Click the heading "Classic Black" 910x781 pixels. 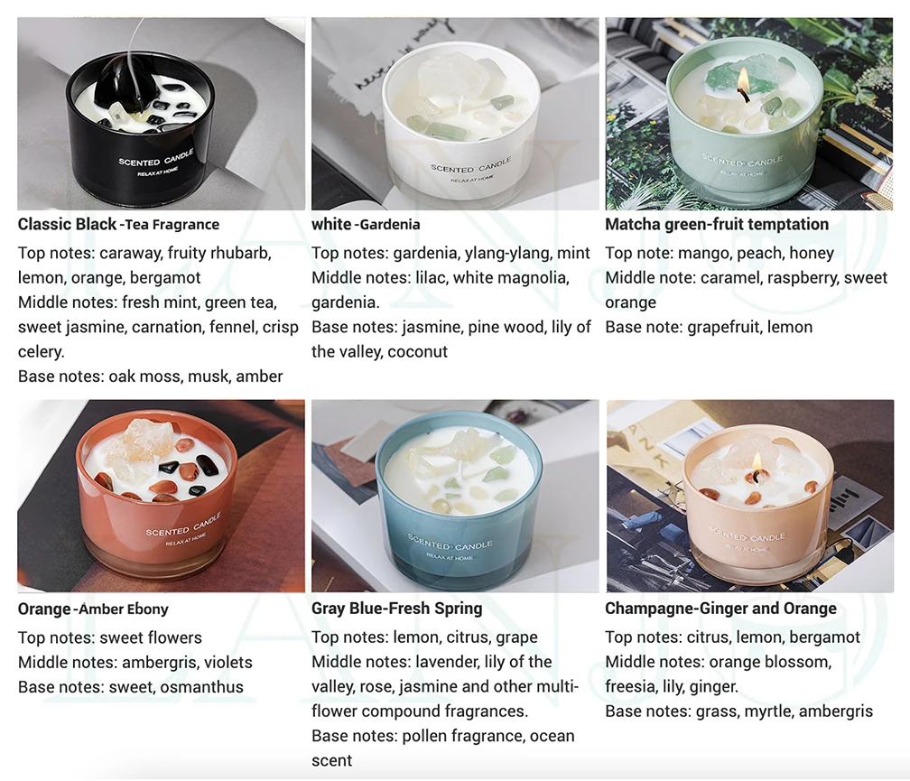(x=67, y=224)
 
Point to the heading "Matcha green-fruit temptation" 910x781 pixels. (x=716, y=224)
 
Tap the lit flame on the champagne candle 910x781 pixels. (x=757, y=463)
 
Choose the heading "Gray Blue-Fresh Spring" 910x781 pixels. (x=396, y=609)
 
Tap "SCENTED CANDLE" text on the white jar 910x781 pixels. (x=470, y=167)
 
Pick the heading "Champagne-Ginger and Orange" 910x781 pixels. (x=720, y=609)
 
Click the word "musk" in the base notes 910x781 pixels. (x=208, y=377)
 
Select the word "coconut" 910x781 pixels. (x=417, y=352)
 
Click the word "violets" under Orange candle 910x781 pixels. (x=223, y=662)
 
